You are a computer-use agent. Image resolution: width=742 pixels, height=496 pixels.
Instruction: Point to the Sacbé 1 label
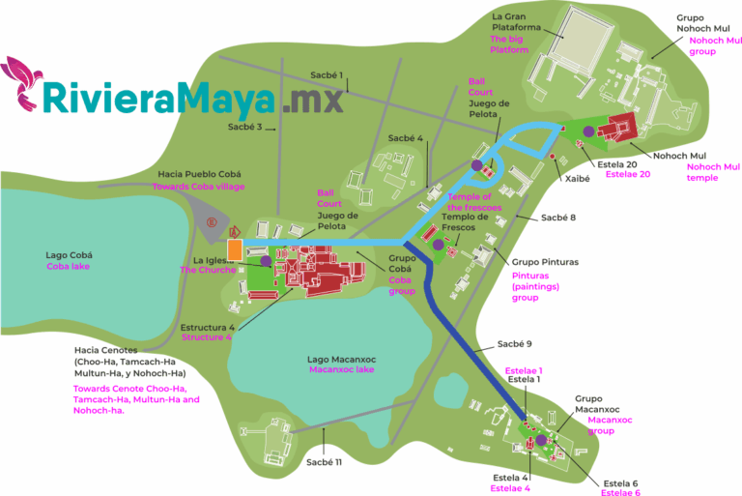(x=327, y=74)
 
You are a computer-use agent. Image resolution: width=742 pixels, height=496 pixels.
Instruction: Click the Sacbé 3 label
(x=246, y=126)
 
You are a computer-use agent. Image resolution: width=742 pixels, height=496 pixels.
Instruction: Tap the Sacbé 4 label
(x=406, y=138)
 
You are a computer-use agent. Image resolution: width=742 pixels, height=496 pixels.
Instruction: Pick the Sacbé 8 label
(x=558, y=219)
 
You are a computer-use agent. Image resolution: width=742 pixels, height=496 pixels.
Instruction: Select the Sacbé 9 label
(x=515, y=343)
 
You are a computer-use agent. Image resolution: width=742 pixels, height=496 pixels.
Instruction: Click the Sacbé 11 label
(x=325, y=462)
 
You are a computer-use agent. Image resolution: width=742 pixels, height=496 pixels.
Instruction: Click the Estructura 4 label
(x=206, y=328)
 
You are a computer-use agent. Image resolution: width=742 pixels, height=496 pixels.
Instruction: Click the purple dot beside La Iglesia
(x=266, y=260)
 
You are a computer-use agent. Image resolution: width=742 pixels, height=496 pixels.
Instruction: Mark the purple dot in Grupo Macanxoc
(x=542, y=440)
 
